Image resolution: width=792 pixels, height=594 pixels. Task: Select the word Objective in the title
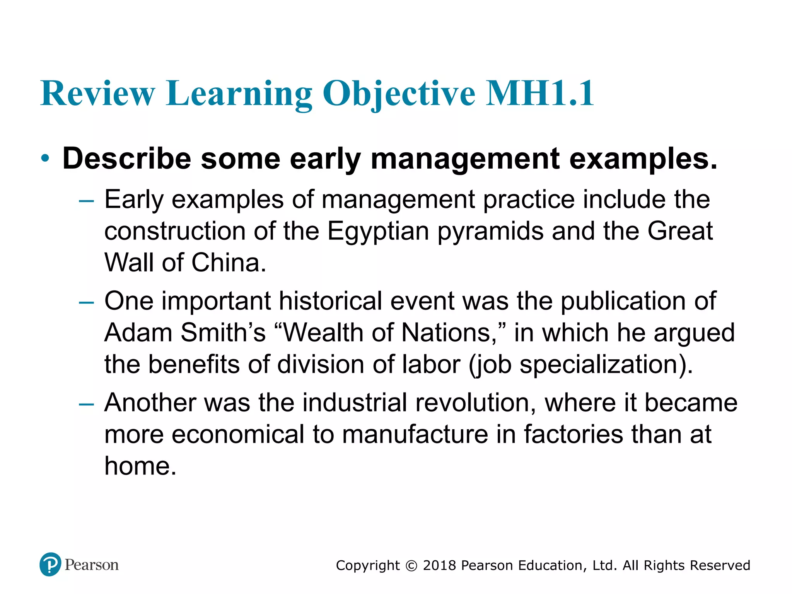[399, 94]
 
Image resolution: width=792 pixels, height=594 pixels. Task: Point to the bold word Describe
[127, 159]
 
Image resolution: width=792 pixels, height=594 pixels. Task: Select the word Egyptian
[378, 232]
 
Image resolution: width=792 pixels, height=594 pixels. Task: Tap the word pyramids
[490, 232]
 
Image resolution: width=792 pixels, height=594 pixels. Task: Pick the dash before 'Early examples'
[86, 201]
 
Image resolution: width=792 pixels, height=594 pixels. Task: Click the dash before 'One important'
[86, 302]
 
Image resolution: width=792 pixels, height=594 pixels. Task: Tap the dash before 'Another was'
[86, 404]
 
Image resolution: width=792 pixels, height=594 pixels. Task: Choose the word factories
[574, 435]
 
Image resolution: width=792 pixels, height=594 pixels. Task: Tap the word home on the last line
[140, 466]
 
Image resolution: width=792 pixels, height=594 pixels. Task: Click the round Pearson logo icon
[50, 565]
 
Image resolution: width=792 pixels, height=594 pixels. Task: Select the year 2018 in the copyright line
[440, 565]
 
